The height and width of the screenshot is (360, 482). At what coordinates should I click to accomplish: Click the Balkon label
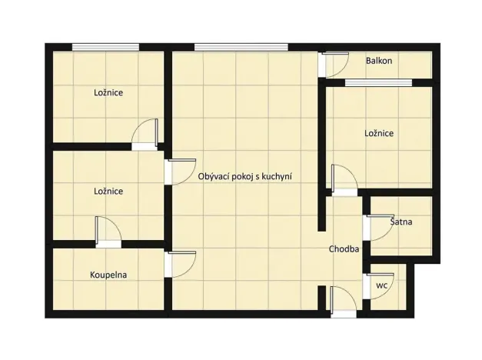(x=380, y=60)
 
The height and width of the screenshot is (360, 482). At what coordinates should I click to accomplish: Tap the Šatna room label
(x=401, y=222)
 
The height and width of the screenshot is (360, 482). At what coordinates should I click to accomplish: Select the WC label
(x=381, y=285)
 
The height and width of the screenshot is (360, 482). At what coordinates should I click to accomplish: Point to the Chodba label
(x=344, y=249)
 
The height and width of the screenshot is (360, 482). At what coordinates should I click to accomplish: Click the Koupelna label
(x=108, y=275)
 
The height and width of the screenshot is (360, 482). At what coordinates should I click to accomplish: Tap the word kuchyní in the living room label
(x=278, y=176)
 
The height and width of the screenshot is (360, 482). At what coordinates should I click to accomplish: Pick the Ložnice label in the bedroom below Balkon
(x=378, y=133)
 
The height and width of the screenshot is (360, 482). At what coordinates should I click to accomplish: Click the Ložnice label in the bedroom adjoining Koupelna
(x=108, y=191)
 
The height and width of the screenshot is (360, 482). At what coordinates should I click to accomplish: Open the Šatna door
(x=376, y=228)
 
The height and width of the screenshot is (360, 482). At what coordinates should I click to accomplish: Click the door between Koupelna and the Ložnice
(x=107, y=231)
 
